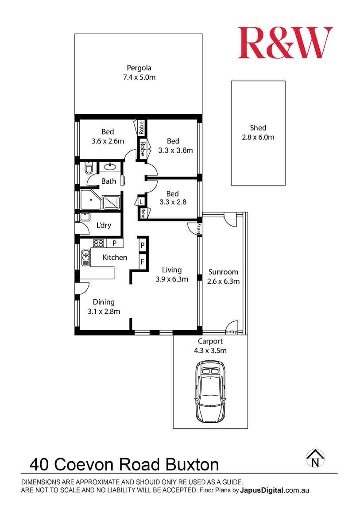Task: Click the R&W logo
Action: [x=285, y=43]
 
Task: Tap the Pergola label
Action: [x=139, y=68]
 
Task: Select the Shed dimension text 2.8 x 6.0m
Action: [x=258, y=137]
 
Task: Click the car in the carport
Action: [x=210, y=392]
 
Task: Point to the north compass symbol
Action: [x=315, y=459]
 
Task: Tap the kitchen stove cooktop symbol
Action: [x=98, y=243]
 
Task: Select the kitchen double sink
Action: [x=85, y=258]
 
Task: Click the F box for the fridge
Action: [x=142, y=261]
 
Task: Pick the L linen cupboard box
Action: [x=141, y=202]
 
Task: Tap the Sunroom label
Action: [x=223, y=272]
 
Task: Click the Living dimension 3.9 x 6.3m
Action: [x=172, y=279]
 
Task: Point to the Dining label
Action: [x=104, y=302]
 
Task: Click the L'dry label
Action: [x=104, y=225]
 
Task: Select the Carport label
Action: [x=210, y=342]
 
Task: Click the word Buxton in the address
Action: [x=192, y=465]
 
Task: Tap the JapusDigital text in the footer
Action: [x=262, y=490]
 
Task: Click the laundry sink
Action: [x=85, y=217]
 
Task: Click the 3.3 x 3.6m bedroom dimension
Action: [x=176, y=150]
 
